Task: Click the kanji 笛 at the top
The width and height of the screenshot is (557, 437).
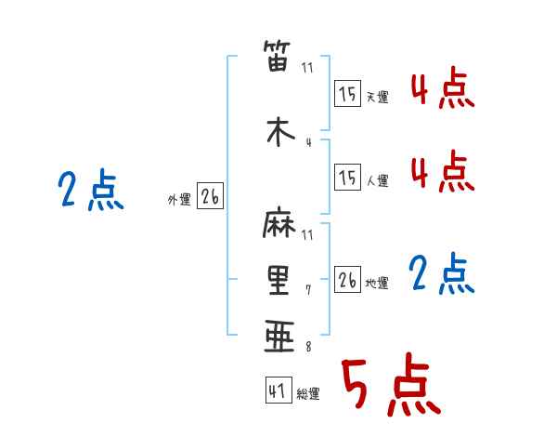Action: point(278,56)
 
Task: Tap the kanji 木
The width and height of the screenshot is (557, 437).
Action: point(280,131)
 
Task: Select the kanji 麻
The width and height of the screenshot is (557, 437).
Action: point(279,222)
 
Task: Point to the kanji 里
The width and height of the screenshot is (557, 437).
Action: point(278,280)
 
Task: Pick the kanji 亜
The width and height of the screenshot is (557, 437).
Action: point(279,336)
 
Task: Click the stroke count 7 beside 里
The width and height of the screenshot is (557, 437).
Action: point(308,290)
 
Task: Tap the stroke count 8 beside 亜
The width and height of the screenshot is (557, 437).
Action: point(308,347)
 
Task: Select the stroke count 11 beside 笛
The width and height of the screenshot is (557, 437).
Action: point(307,68)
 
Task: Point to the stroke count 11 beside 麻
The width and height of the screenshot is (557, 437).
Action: point(307,235)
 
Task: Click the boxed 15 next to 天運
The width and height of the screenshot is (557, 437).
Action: point(347,93)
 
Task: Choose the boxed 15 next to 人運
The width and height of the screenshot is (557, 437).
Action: point(347,177)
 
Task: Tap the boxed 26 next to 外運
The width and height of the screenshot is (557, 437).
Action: point(211,196)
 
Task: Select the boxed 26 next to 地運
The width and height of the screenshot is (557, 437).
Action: point(347,279)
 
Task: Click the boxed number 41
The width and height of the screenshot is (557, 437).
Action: point(278,390)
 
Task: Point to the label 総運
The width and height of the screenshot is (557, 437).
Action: point(308,394)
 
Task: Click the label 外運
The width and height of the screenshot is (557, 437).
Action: point(179,200)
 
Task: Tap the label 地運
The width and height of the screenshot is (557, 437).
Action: point(377,284)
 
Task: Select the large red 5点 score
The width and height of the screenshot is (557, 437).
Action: point(391,384)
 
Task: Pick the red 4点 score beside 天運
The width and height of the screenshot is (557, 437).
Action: point(443,87)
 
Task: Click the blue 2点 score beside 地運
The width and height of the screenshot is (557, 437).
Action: point(441,273)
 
